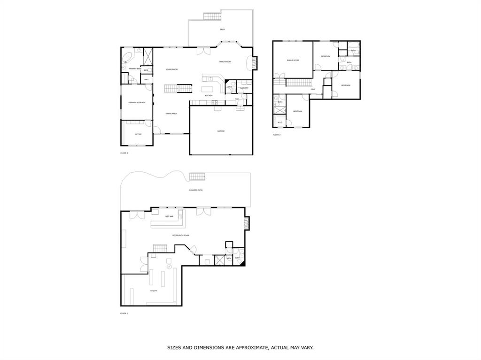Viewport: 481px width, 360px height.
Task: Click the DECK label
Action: pos(222,30)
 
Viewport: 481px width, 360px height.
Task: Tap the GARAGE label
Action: pos(221,131)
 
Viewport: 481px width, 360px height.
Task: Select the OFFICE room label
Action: pos(139,134)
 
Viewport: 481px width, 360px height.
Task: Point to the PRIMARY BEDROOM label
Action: pos(137,102)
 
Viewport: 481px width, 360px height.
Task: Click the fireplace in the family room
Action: pos(255,62)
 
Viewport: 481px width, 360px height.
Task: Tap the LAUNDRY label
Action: pos(244,88)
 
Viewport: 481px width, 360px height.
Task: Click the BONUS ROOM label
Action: pos(293,60)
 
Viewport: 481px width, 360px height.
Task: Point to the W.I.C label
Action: pos(279,123)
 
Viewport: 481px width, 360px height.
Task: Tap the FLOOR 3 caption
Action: pos(277,135)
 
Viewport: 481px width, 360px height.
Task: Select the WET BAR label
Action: pos(169,216)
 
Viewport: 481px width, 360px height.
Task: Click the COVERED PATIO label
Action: pos(196,190)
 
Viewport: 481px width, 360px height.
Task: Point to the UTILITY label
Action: pos(154,291)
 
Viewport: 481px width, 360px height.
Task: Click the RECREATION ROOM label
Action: pos(181,235)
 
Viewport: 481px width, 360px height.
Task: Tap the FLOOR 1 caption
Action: pos(124,313)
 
